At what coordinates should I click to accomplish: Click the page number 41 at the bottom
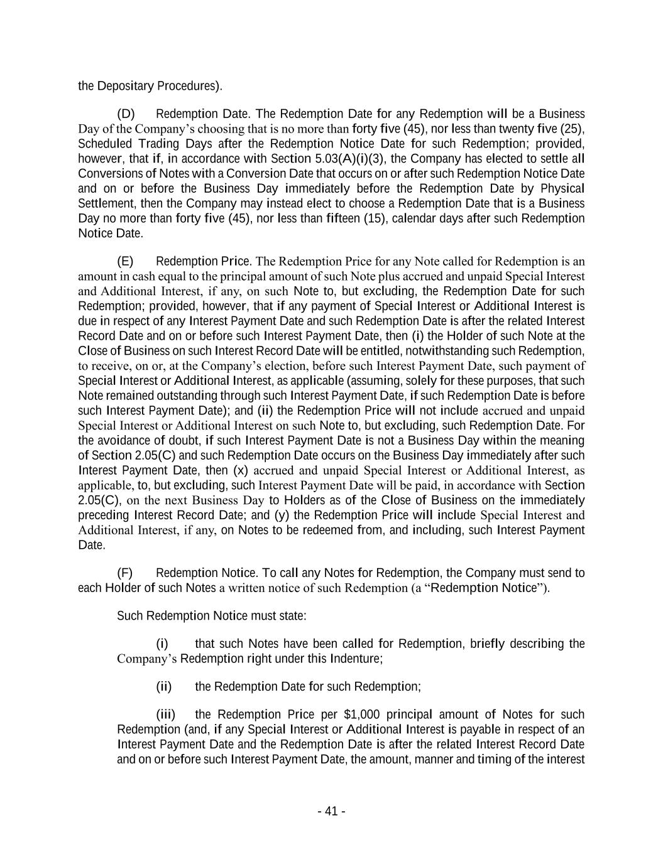[x=331, y=811]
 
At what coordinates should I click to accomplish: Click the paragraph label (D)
[x=126, y=114]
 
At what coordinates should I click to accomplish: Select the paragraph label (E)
[x=125, y=261]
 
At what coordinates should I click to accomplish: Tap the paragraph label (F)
[x=124, y=573]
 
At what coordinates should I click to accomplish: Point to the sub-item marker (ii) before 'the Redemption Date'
[x=163, y=686]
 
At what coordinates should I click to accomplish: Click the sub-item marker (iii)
[x=165, y=714]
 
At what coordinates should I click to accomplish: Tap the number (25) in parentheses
[x=573, y=129]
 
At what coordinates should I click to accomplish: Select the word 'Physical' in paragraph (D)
[x=563, y=189]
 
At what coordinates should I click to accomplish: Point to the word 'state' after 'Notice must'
[x=293, y=616]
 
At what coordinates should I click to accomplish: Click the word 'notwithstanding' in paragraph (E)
[x=449, y=351]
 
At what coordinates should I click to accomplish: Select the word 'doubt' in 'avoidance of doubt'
[x=187, y=441]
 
